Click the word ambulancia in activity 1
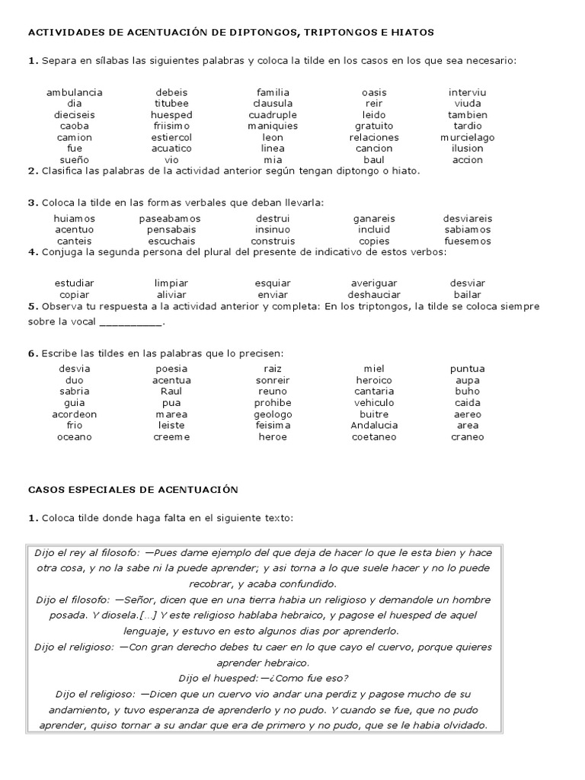(74, 92)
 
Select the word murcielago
(467, 137)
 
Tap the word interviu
(467, 92)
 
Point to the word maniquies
(273, 126)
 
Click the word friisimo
(171, 126)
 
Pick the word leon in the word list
(273, 137)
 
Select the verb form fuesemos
(467, 241)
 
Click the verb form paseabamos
(171, 219)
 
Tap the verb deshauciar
(373, 294)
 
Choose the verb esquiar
(273, 283)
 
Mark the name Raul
(171, 392)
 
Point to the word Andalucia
(373, 425)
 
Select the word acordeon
(74, 414)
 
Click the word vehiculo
(373, 403)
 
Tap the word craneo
(467, 436)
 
